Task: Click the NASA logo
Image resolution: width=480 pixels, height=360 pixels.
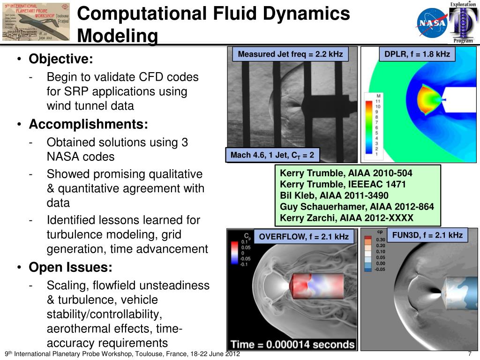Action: [432, 23]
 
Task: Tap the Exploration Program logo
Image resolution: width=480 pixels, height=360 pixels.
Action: [461, 22]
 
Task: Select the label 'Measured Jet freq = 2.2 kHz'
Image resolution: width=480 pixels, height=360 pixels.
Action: [291, 54]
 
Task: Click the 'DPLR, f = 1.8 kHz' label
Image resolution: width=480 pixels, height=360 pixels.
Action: [417, 54]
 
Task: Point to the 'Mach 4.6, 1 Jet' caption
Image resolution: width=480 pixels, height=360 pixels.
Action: [272, 155]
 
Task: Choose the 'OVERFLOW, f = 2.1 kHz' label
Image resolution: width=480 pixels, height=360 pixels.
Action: [304, 237]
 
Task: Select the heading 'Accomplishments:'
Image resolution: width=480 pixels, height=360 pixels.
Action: [89, 124]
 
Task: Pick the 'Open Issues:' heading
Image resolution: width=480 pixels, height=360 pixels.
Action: [71, 268]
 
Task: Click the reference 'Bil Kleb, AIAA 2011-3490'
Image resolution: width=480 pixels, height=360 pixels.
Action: [334, 195]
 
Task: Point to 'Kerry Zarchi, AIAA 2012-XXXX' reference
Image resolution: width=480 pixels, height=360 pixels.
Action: [346, 217]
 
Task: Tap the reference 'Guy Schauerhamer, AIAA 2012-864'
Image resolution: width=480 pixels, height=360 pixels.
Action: [357, 207]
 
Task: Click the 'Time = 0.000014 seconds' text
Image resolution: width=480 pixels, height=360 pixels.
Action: [292, 344]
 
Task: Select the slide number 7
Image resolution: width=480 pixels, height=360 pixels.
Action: [469, 354]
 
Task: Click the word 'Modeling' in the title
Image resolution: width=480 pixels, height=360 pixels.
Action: [117, 36]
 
